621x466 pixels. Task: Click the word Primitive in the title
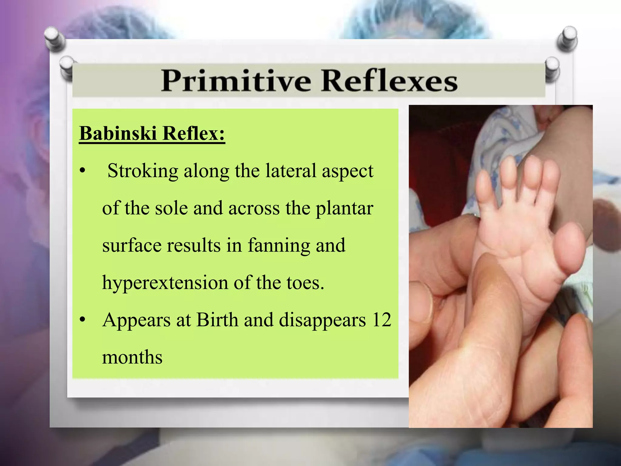(x=236, y=81)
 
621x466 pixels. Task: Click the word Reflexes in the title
(x=389, y=81)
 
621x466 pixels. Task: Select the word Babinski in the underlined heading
(x=118, y=133)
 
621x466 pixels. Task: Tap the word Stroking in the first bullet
(x=143, y=171)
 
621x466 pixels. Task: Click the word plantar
(x=344, y=209)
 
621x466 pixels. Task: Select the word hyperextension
(x=165, y=283)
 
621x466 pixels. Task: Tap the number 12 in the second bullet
(x=382, y=320)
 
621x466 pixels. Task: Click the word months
(x=132, y=357)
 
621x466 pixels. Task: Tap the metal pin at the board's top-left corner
(x=54, y=38)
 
